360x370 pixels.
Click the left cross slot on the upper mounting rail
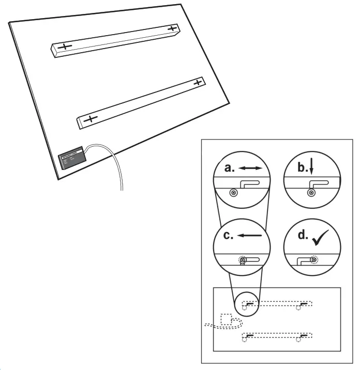pyautogui.click(x=64, y=47)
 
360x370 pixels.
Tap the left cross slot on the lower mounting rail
pyautogui.click(x=90, y=119)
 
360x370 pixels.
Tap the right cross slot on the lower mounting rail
pyautogui.click(x=198, y=82)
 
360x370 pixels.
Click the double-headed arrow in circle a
pyautogui.click(x=253, y=169)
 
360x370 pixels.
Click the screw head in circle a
pyautogui.click(x=234, y=192)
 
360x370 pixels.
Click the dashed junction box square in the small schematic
pyautogui.click(x=226, y=319)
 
